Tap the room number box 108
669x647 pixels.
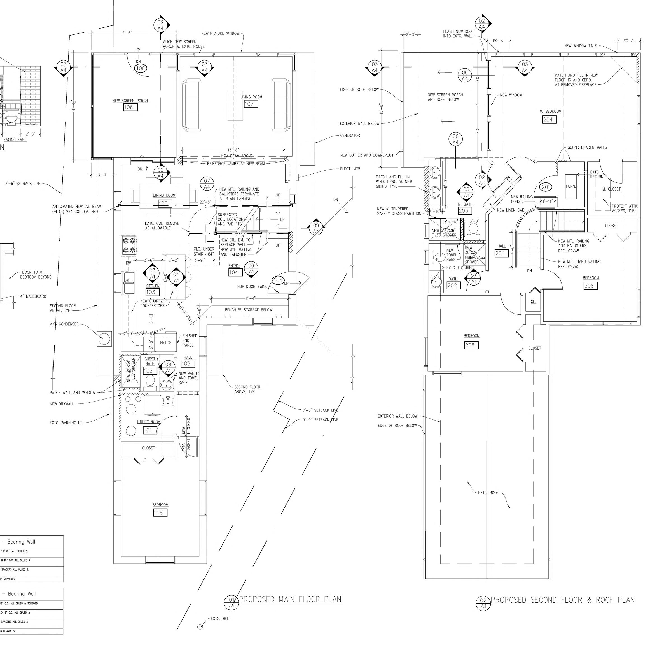(x=160, y=513)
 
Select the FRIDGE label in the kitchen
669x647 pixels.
(x=166, y=342)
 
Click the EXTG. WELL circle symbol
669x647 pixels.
(x=200, y=627)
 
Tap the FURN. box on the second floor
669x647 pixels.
(x=571, y=187)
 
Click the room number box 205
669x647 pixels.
(x=471, y=345)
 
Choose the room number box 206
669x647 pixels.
(x=591, y=286)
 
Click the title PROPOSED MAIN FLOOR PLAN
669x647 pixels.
(x=290, y=599)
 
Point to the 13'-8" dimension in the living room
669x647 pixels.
(x=233, y=150)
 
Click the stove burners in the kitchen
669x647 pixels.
(x=129, y=245)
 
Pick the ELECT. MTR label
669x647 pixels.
(x=350, y=169)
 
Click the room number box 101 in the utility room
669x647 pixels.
(x=148, y=430)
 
